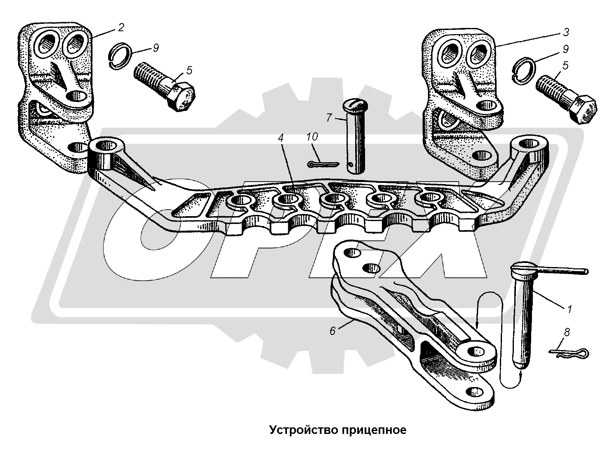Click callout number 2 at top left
click(x=120, y=28)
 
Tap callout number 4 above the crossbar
click(x=280, y=138)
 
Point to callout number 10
click(x=312, y=137)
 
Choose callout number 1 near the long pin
click(x=569, y=309)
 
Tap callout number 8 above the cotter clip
click(x=567, y=332)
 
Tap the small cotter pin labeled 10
click(x=323, y=164)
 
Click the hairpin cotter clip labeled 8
click(x=569, y=353)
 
